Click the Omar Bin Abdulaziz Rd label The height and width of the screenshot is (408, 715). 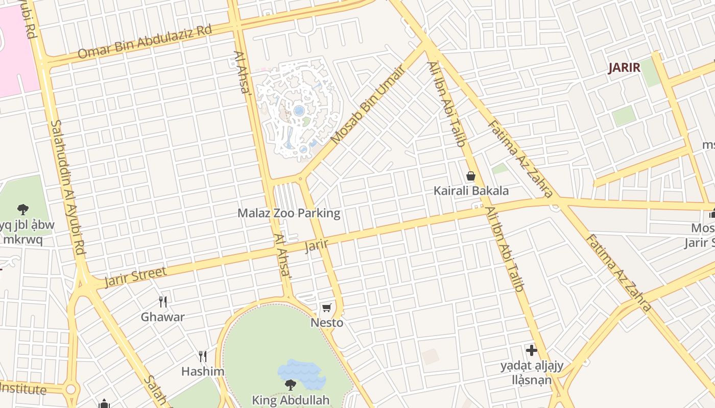tap(145, 41)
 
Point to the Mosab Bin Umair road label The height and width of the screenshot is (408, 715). tap(368, 105)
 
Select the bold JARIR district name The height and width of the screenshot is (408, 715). tap(624, 68)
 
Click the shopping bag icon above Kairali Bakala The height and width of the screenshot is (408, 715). tap(471, 176)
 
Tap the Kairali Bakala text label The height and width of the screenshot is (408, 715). tap(471, 191)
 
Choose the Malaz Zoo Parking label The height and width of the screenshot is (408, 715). tap(289, 213)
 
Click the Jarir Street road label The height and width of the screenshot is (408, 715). tap(135, 277)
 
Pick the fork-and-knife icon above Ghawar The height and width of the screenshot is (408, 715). tap(163, 302)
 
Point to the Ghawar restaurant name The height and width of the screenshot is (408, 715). tap(163, 317)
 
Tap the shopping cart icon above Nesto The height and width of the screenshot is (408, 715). tap(327, 308)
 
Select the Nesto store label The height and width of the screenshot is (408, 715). tap(327, 323)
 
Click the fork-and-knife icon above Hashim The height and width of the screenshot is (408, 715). tap(203, 356)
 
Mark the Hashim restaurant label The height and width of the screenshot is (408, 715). tap(203, 371)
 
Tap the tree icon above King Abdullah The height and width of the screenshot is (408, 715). tap(291, 385)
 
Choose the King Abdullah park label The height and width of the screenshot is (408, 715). tap(291, 400)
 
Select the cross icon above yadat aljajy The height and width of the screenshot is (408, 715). tap(532, 350)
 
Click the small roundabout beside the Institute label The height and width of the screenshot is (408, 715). tap(70, 390)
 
